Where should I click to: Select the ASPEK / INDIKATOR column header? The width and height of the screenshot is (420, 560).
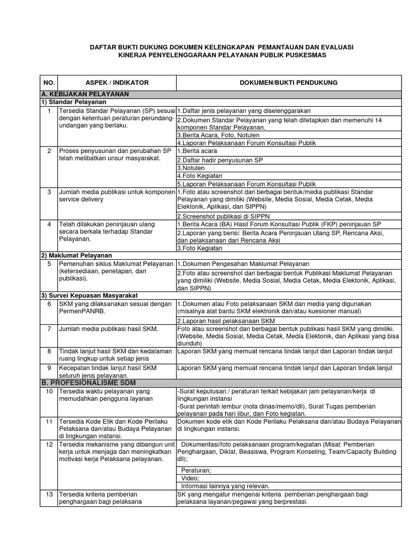point(116,83)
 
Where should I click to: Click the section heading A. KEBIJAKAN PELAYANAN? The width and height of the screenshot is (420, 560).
point(85,94)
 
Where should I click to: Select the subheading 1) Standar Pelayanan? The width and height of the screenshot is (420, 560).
point(74,102)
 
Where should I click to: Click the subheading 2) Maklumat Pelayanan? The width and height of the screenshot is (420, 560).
point(77,255)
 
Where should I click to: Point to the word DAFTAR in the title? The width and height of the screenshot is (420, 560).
point(103,48)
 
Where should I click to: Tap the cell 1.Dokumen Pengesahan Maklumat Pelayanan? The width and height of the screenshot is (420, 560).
point(243,264)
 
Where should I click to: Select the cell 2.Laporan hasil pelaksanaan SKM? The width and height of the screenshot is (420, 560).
point(225,320)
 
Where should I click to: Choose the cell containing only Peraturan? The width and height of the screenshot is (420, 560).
point(195,469)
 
